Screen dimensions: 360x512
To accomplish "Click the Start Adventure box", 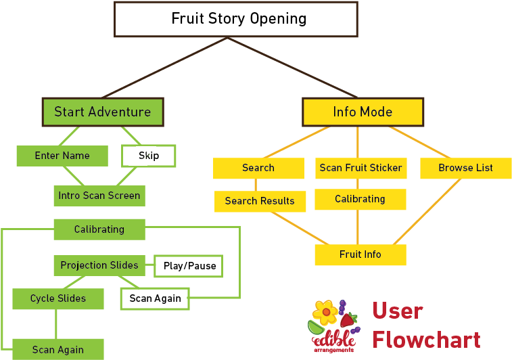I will tap(103, 112).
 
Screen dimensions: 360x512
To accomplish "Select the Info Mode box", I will tap(363, 112).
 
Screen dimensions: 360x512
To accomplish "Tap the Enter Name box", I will tap(62, 156).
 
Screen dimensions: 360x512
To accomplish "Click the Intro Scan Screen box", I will tap(99, 196).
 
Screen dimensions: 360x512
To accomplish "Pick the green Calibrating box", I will tap(99, 229).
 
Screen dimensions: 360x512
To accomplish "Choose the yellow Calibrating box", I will tap(360, 199).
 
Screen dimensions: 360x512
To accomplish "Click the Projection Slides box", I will tap(99, 265).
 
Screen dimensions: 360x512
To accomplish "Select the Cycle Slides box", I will tap(58, 298).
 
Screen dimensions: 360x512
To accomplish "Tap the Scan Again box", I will tap(58, 349).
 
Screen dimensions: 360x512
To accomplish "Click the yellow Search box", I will tap(258, 168).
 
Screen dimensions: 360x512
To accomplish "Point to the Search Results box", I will tap(260, 201).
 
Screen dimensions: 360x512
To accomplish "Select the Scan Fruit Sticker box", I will tap(360, 168).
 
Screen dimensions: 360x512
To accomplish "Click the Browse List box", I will tap(465, 168).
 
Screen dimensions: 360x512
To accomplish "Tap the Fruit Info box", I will tap(360, 254).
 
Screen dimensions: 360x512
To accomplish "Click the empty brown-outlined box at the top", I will tap(235, 19).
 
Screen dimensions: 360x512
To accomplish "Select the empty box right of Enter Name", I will tap(148, 156).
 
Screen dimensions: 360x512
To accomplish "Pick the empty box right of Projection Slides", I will tap(189, 266).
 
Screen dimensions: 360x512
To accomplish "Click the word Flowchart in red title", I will tap(426, 339).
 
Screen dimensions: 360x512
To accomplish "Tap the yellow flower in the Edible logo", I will tap(326, 312).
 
